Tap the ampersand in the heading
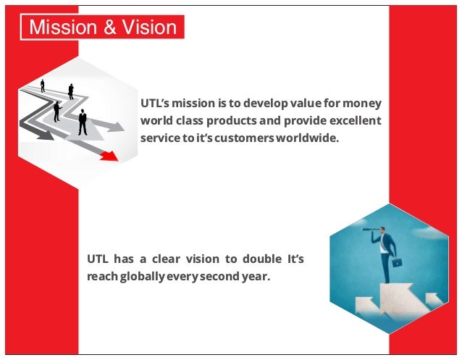coord(106,28)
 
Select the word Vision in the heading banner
coord(146,28)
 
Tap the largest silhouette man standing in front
coord(83,122)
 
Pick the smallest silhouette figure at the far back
coord(43,85)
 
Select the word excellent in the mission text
coord(353,120)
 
